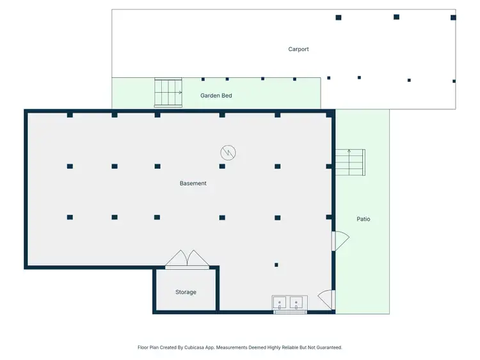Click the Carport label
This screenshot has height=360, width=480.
click(298, 49)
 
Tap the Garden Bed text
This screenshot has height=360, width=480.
click(216, 96)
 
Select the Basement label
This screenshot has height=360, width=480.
click(193, 184)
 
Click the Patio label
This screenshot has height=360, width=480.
click(363, 219)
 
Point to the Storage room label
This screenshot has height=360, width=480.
click(186, 292)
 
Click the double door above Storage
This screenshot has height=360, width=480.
click(186, 258)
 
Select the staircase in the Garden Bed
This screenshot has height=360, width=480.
click(168, 93)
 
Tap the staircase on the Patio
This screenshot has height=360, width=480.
click(349, 162)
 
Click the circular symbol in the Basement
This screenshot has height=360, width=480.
click(228, 152)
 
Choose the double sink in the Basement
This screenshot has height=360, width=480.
click(289, 302)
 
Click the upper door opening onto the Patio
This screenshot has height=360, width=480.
click(340, 240)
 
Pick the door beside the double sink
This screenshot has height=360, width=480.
click(326, 299)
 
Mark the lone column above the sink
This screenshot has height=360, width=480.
click(276, 265)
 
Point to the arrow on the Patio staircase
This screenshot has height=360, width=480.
click(349, 152)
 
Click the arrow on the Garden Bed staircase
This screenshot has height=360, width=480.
click(180, 92)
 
